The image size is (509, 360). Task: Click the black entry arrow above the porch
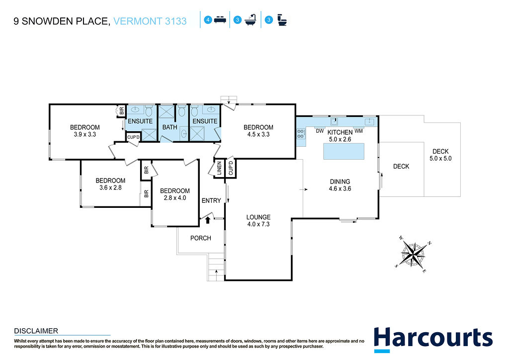point(208,220)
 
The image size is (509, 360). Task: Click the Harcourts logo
point(433,340)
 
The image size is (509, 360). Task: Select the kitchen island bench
point(344,151)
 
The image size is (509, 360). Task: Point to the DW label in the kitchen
point(320,131)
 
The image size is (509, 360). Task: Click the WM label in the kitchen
point(358,131)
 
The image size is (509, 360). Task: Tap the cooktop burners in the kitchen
point(301,134)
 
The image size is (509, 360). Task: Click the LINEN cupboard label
point(219,168)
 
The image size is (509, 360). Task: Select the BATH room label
point(170,127)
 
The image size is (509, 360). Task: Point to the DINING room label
point(340,181)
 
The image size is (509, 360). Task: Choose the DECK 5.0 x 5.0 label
point(440,155)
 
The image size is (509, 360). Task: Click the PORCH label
point(201,238)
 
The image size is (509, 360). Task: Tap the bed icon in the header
point(220,20)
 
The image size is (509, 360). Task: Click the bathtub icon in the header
point(251,20)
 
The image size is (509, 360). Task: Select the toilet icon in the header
point(282,20)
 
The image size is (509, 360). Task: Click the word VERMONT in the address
point(138,21)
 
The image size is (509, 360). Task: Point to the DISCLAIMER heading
point(36,331)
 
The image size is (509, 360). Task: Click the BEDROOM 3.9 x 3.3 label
point(85,131)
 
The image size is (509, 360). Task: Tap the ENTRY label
point(211,200)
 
